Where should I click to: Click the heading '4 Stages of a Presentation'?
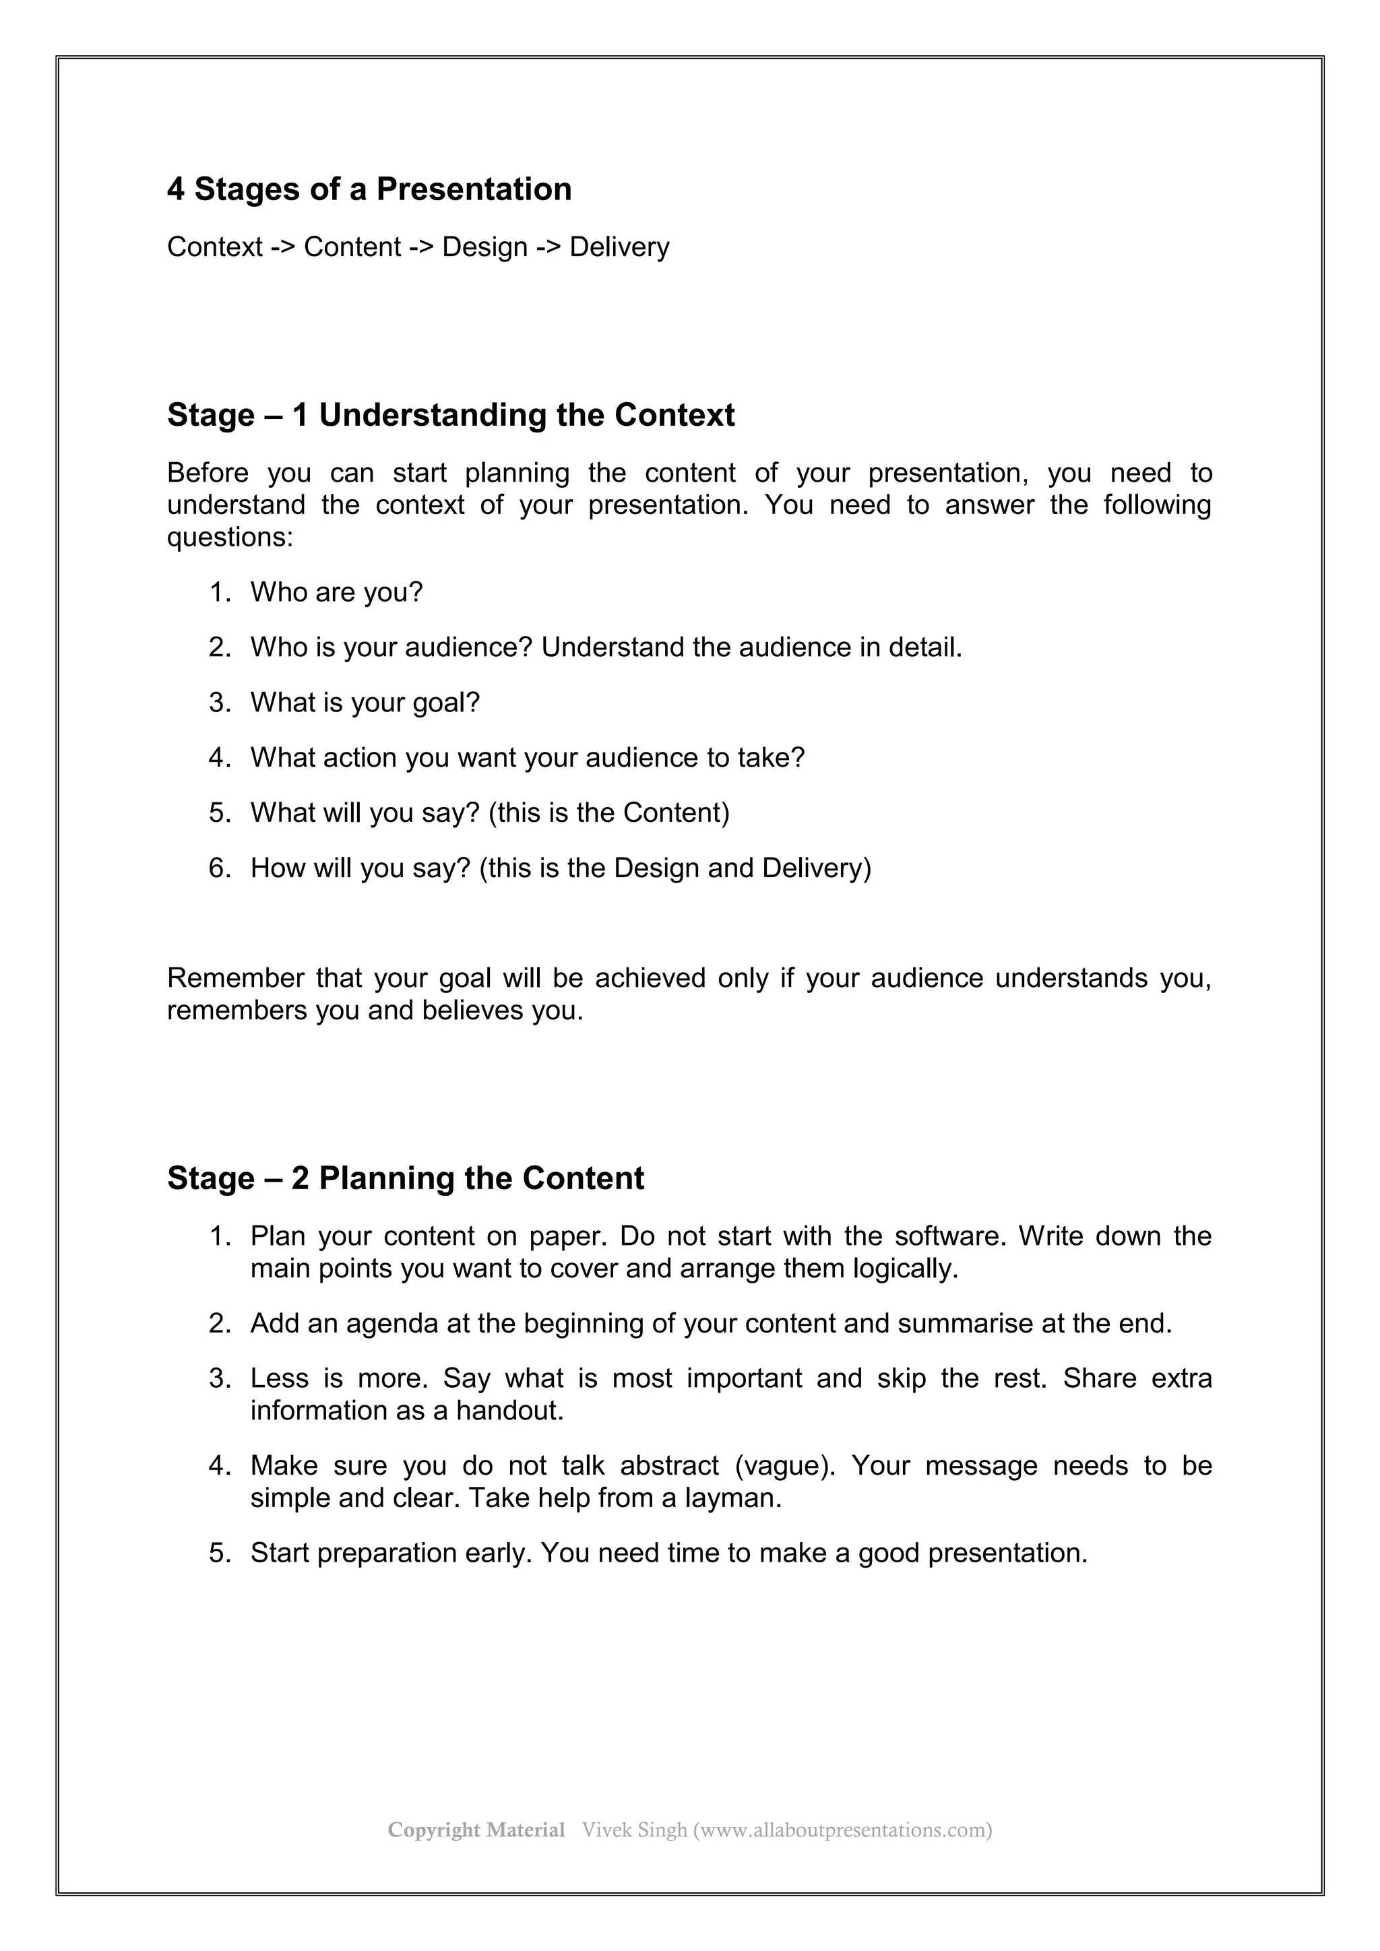[369, 189]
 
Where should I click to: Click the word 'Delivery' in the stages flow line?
[619, 247]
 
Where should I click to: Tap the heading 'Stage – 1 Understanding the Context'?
[450, 416]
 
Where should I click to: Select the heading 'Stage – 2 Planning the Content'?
[406, 1178]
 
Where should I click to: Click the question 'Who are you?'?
[336, 592]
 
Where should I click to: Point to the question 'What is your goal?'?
[365, 703]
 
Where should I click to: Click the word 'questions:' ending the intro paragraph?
[229, 538]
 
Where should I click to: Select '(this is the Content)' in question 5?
[609, 813]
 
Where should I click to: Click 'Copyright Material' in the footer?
[476, 1830]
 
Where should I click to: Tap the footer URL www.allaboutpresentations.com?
[842, 1830]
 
